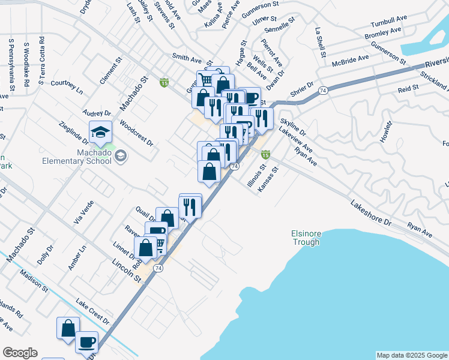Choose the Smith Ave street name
click(187, 59)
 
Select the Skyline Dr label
click(293, 127)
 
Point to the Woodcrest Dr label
click(136, 134)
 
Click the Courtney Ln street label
click(67, 86)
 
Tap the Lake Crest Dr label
click(92, 311)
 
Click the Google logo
click(20, 353)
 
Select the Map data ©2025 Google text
click(411, 355)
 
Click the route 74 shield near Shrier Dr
click(323, 90)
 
